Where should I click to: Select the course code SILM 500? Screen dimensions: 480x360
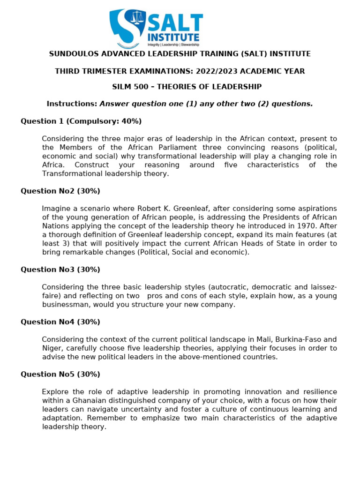point(128,87)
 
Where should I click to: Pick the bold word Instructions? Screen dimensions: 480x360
point(72,104)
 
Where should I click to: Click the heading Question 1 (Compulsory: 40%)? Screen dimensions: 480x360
point(81,121)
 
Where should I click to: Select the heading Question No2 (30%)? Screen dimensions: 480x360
point(60,191)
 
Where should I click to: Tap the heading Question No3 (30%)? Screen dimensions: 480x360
point(60,270)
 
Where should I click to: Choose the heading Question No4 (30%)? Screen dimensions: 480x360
point(60,322)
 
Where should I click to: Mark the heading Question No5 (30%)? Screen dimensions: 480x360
point(60,375)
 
